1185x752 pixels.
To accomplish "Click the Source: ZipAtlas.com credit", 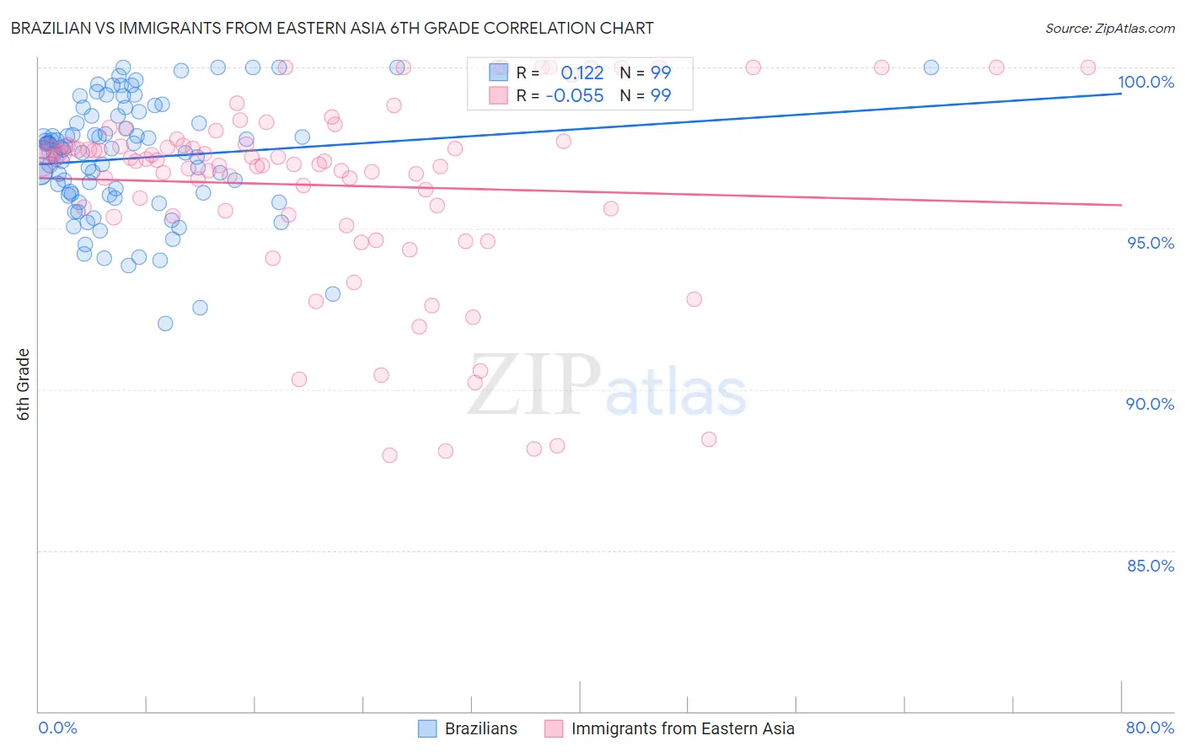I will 1109,28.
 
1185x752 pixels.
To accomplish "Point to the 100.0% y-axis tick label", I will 1145,82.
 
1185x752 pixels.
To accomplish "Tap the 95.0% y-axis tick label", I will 1150,243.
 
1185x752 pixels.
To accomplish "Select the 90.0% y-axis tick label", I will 1150,404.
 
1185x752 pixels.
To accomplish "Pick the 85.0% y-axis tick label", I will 1150,566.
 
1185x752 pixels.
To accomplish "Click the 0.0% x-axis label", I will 57,728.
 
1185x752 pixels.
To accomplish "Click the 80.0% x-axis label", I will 1150,728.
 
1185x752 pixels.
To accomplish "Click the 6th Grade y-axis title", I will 23,384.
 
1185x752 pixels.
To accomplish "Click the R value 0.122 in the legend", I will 582,73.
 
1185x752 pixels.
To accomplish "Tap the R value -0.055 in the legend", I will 575,95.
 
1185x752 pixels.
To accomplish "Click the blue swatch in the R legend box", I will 498,73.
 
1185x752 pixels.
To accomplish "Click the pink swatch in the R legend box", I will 498,95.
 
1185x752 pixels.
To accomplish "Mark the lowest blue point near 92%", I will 165,324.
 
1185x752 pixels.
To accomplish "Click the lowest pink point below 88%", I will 389,455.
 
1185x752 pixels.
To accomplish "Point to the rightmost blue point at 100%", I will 931,67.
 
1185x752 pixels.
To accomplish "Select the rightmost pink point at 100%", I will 1088,67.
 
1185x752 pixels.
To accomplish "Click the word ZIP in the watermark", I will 534,384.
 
